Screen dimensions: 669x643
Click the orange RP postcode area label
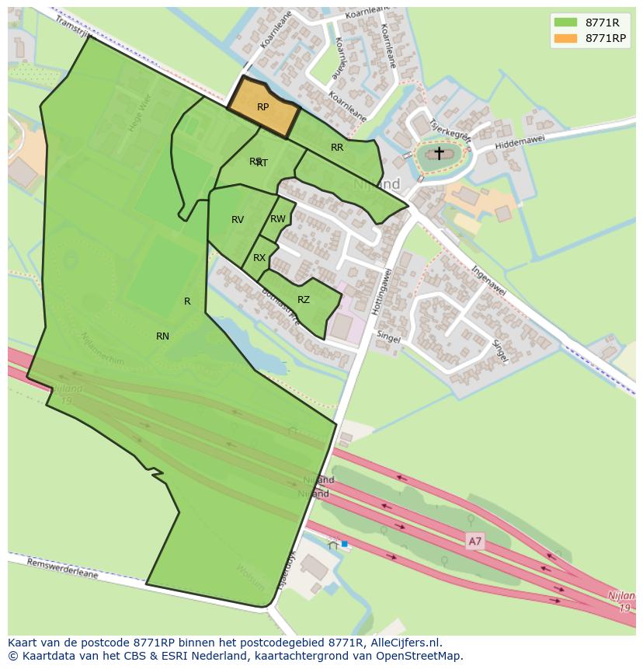point(262,107)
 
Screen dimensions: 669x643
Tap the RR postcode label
point(337,148)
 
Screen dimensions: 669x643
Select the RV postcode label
point(238,220)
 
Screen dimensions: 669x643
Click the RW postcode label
point(278,219)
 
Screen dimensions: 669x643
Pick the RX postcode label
point(259,258)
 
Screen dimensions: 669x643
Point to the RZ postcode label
point(304,300)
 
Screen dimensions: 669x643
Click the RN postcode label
point(162,336)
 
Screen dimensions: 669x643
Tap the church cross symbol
point(439,153)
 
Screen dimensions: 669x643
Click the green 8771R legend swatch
point(566,22)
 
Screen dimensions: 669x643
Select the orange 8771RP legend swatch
point(566,37)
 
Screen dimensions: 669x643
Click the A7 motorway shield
point(474,542)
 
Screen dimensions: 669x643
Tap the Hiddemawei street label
point(520,140)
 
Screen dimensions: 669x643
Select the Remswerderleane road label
point(63,567)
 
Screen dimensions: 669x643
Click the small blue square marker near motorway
point(344,545)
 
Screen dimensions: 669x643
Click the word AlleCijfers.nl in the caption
point(406,643)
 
